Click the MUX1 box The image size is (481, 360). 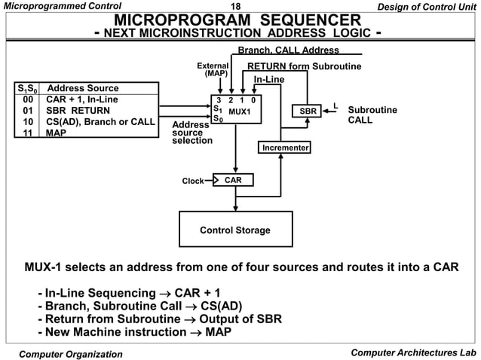(x=236, y=110)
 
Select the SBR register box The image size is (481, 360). (x=308, y=111)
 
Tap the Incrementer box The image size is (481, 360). (x=285, y=148)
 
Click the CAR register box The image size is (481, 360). (x=233, y=180)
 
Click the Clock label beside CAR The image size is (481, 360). (x=193, y=181)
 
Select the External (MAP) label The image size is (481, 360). (x=212, y=70)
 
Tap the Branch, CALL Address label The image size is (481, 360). (x=288, y=50)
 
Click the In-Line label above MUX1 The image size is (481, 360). (x=268, y=79)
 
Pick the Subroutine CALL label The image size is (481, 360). (x=372, y=115)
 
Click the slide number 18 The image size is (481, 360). (x=240, y=7)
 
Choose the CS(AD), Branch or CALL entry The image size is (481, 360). (x=100, y=121)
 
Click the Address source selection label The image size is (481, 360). (x=192, y=133)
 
